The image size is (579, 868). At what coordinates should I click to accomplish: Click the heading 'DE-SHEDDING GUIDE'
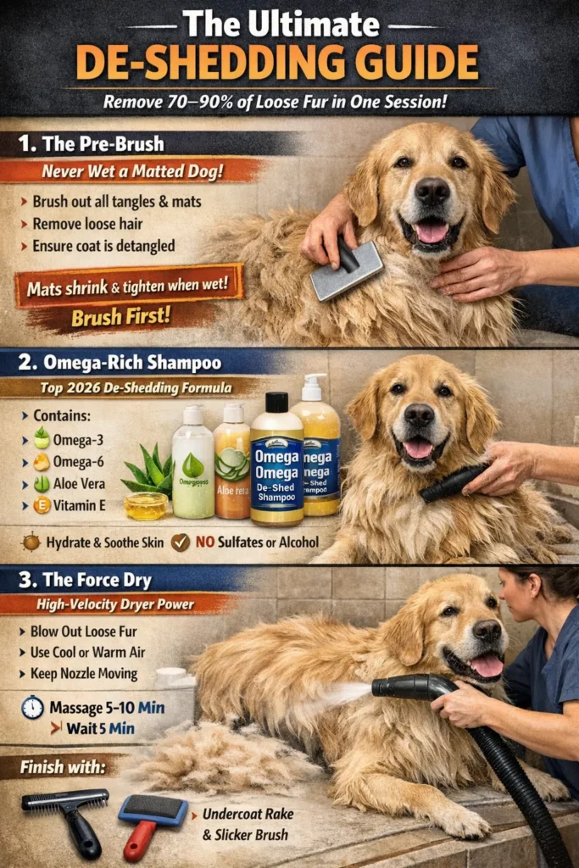point(289,63)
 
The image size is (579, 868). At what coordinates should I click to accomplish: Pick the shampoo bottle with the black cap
point(276,462)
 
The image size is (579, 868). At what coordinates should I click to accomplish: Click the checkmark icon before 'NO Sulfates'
point(181,542)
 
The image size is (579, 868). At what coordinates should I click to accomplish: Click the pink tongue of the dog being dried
point(487,665)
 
